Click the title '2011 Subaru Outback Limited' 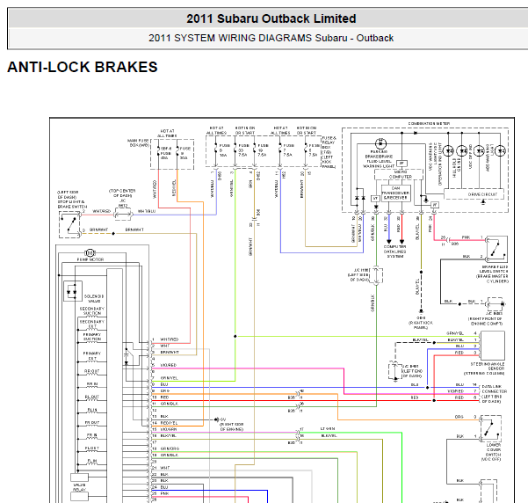pos(271,18)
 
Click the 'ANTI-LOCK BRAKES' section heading pos(83,67)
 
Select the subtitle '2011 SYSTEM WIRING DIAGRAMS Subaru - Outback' pos(271,38)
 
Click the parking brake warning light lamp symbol pos(380,142)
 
